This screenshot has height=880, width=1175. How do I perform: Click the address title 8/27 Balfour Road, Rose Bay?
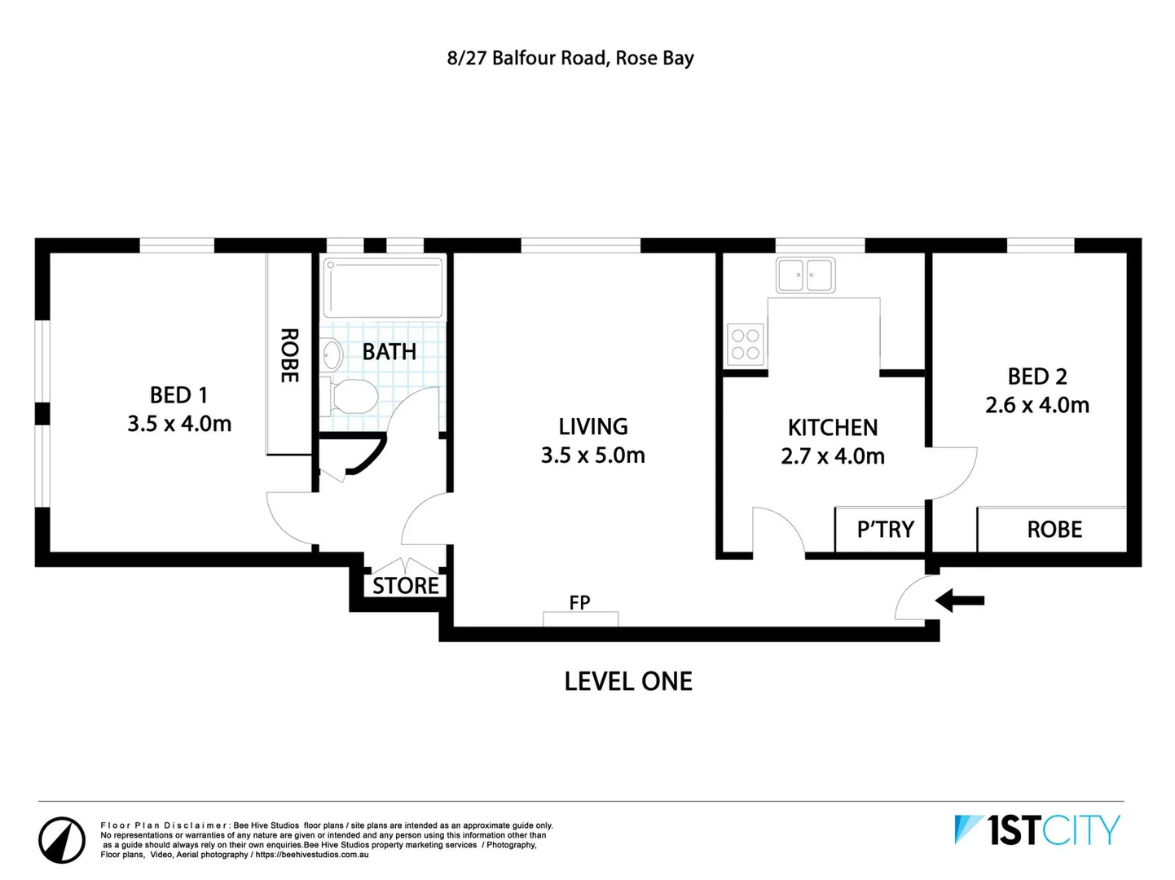[x=570, y=59]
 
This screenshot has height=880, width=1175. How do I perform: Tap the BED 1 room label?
[x=178, y=395]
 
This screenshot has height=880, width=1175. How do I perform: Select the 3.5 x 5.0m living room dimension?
[x=592, y=455]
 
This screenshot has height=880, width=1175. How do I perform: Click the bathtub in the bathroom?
[x=383, y=288]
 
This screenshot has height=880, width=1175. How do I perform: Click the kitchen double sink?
[x=805, y=275]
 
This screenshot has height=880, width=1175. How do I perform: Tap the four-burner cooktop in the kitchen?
[x=745, y=344]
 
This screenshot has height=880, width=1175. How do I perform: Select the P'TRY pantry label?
[x=885, y=530]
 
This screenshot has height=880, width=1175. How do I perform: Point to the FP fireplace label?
[x=579, y=603]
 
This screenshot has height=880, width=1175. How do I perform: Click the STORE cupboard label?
[x=405, y=586]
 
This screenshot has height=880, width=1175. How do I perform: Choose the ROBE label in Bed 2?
[x=1054, y=530]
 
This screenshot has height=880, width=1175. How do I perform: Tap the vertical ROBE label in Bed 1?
[x=289, y=355]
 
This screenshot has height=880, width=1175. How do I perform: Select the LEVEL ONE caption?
[x=628, y=681]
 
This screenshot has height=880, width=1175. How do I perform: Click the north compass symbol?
[x=62, y=839]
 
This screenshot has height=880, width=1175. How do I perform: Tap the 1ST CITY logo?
[x=1037, y=830]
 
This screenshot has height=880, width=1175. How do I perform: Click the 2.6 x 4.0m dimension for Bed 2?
[x=1036, y=405]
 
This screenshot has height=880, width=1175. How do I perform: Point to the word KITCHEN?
[x=832, y=428]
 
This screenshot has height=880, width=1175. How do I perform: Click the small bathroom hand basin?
[x=332, y=355]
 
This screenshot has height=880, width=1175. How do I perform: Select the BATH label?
[x=389, y=352]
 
